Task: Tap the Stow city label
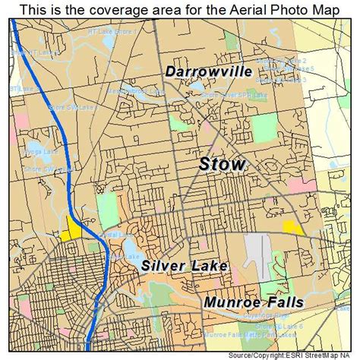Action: (221, 164)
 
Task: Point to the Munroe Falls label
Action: (253, 302)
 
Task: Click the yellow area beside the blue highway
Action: (75, 227)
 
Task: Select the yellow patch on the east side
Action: (292, 227)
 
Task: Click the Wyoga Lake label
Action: (39, 151)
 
